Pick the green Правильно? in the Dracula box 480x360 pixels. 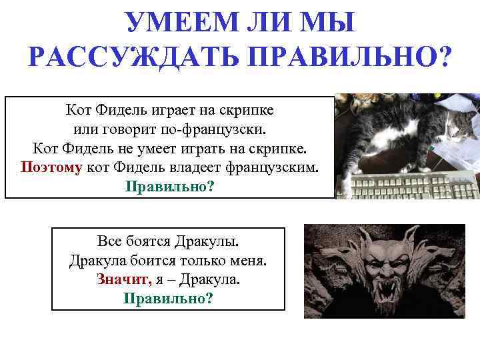pyautogui.click(x=168, y=297)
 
